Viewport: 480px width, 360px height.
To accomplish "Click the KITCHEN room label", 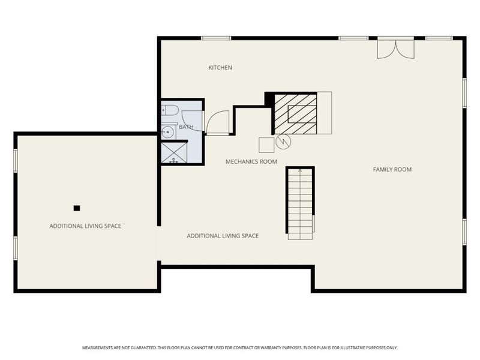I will pos(220,68).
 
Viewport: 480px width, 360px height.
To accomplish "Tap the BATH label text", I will pos(186,127).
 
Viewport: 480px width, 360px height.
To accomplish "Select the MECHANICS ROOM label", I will pos(251,161).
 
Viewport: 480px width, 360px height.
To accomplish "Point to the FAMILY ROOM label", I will pos(392,169).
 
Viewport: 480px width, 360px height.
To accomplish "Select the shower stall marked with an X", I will pos(175,152).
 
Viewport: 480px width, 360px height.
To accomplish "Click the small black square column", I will pos(77,208).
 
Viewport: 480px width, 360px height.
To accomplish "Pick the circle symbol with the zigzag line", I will pos(283,142).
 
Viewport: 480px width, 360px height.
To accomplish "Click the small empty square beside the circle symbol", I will pos(266,145).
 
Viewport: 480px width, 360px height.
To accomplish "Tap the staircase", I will pos(300,203).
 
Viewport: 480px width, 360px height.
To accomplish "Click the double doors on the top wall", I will pos(395,48).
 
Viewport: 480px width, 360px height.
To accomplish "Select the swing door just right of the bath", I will pos(218,122).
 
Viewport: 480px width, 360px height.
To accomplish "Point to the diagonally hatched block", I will pos(295,114).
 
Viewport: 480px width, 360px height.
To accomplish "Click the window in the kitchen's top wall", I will pos(216,38).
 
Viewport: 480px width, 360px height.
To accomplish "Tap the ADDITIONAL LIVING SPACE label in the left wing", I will pos(85,226).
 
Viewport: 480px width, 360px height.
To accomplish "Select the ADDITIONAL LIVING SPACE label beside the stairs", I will pos(223,236).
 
